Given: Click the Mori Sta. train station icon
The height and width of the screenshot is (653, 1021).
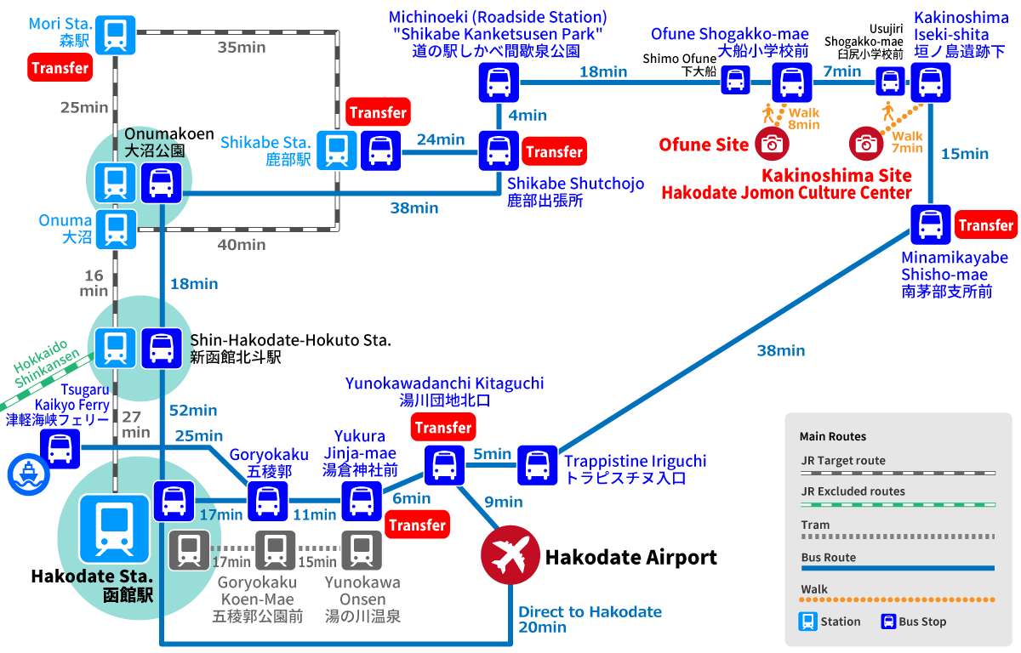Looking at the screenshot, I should [x=115, y=35].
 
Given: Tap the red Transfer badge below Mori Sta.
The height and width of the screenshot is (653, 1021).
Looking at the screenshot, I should [x=60, y=68].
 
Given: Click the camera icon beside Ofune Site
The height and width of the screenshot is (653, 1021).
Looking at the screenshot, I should [x=772, y=143].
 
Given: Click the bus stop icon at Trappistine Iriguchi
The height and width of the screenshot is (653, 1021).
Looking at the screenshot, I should [x=537, y=465].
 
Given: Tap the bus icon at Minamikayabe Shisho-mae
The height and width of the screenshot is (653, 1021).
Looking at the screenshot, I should [x=931, y=225].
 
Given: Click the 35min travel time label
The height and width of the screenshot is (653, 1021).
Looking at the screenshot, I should [x=242, y=48].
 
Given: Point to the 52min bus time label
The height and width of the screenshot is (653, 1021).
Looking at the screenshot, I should [x=193, y=411].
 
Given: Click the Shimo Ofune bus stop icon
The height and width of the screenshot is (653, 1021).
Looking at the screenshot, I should [x=736, y=81].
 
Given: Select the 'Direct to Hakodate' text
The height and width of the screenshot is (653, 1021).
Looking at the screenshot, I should [x=590, y=612].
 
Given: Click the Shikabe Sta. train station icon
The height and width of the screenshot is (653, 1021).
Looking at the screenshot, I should [x=338, y=150].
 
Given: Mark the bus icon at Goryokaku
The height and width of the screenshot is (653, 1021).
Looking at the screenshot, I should [x=267, y=501].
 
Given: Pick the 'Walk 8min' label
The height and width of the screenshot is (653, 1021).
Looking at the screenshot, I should [x=803, y=118].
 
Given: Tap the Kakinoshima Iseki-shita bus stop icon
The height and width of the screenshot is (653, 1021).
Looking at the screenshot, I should [x=931, y=83].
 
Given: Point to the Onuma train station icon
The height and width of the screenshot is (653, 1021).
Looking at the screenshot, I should [x=115, y=229].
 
